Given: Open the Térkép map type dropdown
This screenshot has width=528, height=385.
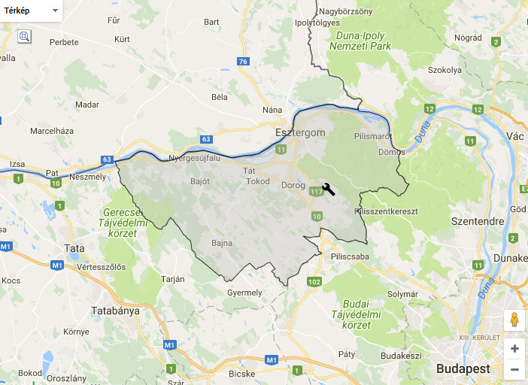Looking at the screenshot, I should click(x=32, y=11).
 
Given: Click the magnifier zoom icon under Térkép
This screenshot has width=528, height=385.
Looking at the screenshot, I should click(x=24, y=36).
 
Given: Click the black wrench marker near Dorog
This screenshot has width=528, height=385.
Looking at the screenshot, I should click(x=328, y=189).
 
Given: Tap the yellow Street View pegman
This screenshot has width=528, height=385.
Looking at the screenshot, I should click(x=514, y=320).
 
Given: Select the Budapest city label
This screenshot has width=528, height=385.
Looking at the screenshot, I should click(x=463, y=368).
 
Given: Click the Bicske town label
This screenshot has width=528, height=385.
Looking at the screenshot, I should click(x=242, y=373).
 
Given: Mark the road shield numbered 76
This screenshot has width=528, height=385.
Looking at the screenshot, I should click(x=241, y=62).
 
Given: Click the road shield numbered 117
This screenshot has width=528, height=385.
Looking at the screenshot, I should click(x=317, y=192).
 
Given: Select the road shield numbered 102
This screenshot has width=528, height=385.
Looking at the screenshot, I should click(x=314, y=282).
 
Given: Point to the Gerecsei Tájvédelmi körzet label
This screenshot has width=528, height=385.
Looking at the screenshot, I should click(x=117, y=223).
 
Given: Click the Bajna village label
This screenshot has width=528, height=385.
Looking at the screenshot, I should click(x=222, y=243).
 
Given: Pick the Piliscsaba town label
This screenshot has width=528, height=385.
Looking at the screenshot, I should click(x=351, y=256).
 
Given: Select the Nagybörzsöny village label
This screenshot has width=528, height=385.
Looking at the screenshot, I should click(x=345, y=11).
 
